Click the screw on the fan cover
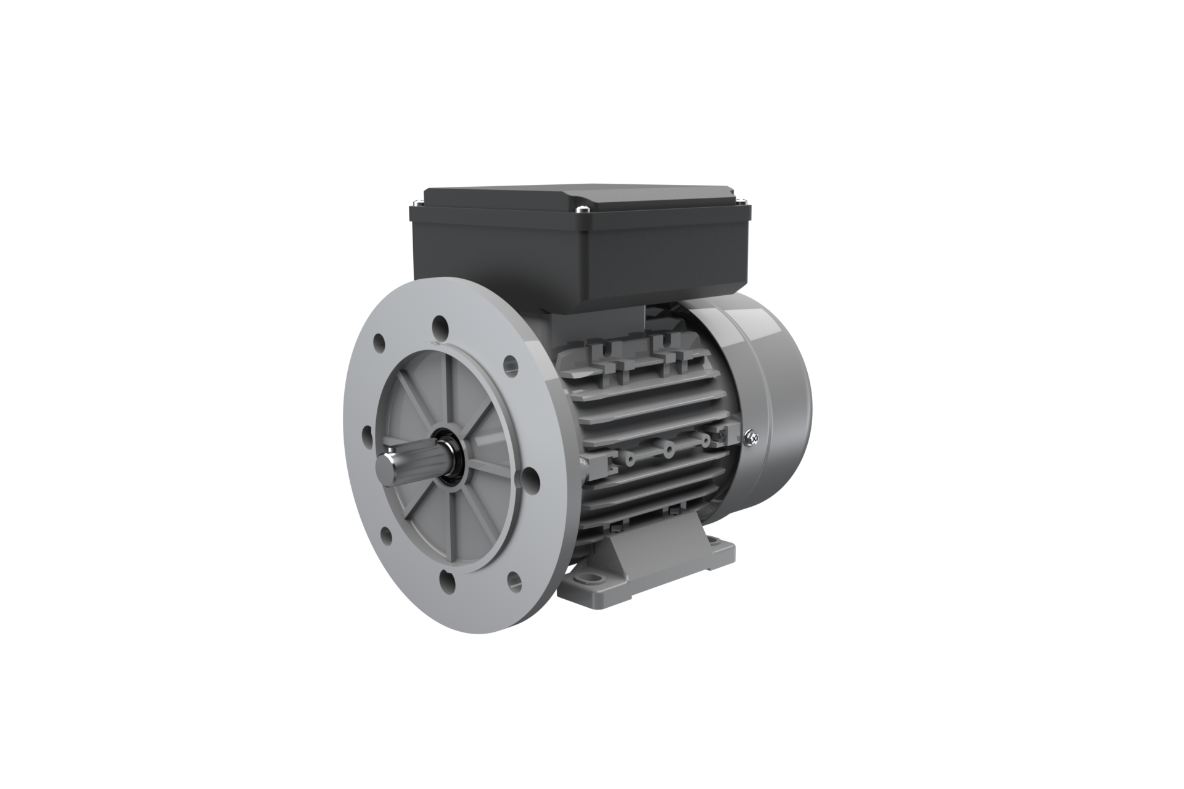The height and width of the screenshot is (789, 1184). point(752,438)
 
